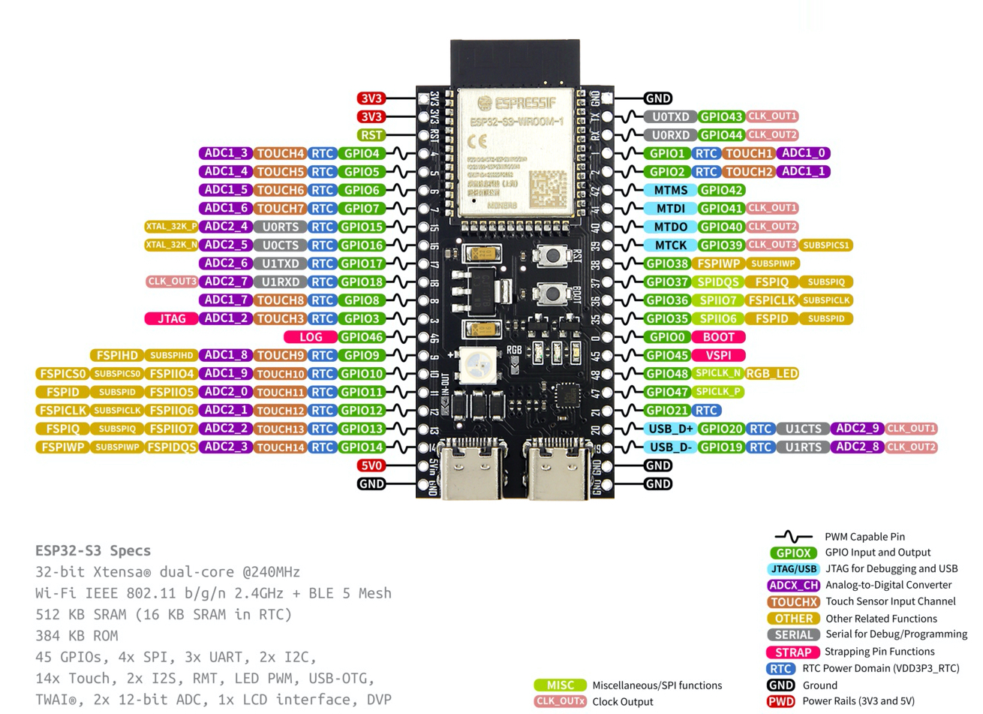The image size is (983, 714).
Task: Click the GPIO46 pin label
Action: pos(362,337)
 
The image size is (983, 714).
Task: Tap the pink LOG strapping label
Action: pos(311,337)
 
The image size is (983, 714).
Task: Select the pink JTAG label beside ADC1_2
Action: pos(171,318)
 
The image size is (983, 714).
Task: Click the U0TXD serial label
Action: pos(670,116)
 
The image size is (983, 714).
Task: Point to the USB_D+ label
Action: pos(670,429)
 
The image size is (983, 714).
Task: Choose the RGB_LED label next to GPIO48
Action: pos(771,373)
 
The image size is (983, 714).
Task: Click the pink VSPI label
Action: pos(719,355)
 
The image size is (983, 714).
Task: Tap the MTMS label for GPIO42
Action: pos(670,190)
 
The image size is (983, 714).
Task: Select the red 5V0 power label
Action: pos(371,465)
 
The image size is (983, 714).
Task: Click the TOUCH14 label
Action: pos(281,447)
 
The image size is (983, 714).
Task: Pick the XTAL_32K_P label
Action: pos(171,227)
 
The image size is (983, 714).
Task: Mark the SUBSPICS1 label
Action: pos(825,245)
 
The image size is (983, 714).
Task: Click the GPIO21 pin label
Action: pos(667,411)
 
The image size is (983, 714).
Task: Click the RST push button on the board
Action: pos(552,255)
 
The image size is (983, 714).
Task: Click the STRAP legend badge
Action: pos(793,652)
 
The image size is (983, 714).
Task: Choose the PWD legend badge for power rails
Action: pos(780,701)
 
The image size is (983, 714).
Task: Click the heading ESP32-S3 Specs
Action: pos(93,550)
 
